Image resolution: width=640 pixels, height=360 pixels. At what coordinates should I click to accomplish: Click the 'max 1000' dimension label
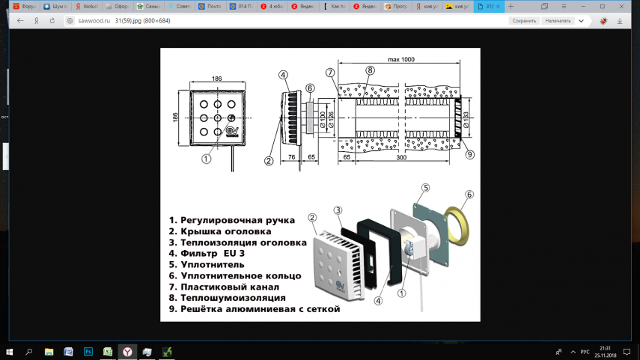coord(402,58)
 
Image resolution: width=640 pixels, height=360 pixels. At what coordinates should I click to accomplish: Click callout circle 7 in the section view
coord(330,73)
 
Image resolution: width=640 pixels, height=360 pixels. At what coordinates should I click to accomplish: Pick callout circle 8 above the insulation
coord(370,70)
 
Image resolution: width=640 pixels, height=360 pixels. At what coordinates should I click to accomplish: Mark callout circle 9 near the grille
coord(469,155)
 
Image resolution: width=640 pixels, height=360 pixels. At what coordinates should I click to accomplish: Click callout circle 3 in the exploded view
coord(338,211)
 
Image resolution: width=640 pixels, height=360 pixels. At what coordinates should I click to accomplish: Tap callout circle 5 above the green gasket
coord(425,188)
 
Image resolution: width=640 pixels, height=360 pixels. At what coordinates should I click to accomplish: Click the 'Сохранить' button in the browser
coord(524,21)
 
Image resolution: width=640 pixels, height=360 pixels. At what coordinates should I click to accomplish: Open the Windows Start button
coord(10,352)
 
